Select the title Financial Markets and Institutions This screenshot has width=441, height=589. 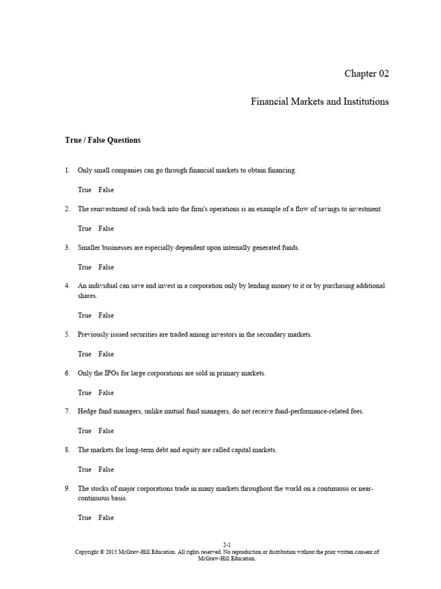coord(319,102)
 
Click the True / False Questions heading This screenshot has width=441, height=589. coord(103,140)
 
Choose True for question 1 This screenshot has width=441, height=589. coord(84,190)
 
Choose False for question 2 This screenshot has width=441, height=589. coord(106,228)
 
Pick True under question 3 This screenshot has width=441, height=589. coord(84,267)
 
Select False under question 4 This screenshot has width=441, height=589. coord(106,315)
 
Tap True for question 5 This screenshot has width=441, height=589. coord(84,354)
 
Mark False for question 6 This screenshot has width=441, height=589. coord(106,392)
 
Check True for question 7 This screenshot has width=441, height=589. coord(84,430)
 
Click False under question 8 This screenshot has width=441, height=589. coord(106,469)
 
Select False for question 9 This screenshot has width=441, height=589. coord(106,518)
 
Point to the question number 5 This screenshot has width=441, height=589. coord(67,334)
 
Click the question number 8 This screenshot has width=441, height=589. coord(67,450)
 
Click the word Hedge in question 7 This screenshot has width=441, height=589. coord(87,411)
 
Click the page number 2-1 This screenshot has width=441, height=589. coord(227,544)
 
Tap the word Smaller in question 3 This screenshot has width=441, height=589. coord(90,248)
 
